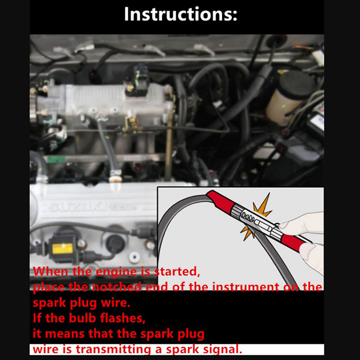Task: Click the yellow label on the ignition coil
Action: (63, 249)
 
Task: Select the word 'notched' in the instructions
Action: (117, 287)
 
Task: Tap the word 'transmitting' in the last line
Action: (113, 349)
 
